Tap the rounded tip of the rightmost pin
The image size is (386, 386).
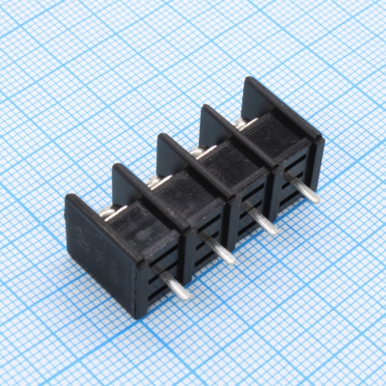click(x=317, y=200)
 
